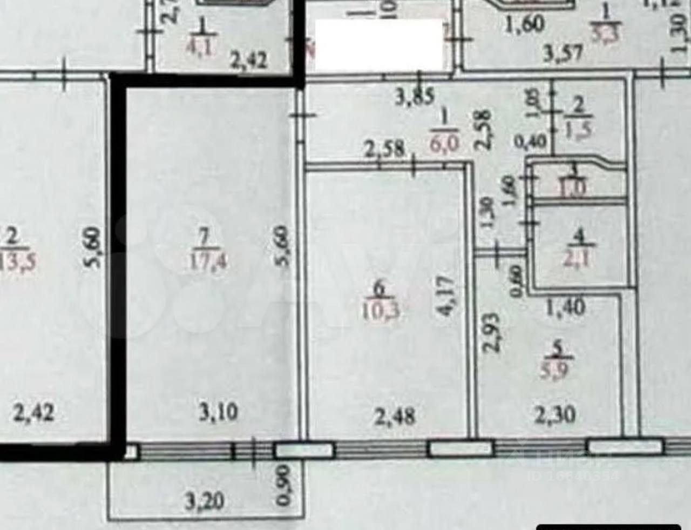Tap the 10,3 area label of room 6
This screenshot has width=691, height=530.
pos(380,313)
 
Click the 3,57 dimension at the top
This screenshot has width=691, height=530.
pos(562,53)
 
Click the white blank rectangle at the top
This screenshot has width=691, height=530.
pos(378,45)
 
